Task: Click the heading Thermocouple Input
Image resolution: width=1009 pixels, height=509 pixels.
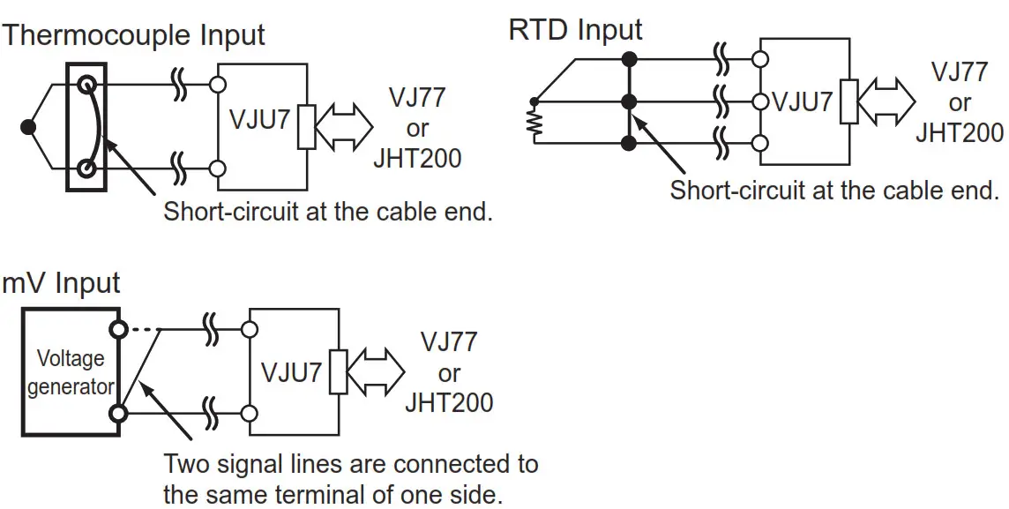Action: (134, 36)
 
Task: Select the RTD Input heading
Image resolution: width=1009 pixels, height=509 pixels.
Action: (575, 29)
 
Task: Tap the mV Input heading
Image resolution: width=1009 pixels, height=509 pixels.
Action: (61, 283)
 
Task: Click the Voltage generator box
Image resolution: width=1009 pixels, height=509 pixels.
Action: (70, 371)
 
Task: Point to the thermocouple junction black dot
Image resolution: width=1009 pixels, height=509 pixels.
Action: (27, 127)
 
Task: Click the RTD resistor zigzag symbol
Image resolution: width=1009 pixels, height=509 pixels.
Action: (534, 124)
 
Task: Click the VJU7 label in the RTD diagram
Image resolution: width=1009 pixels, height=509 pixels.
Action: (802, 101)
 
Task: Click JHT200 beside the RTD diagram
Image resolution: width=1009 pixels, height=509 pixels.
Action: (960, 133)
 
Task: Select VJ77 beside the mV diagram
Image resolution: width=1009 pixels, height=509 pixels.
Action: (449, 342)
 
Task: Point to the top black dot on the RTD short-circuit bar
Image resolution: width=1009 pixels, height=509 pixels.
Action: (630, 59)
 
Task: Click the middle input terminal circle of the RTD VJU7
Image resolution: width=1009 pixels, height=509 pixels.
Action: (759, 101)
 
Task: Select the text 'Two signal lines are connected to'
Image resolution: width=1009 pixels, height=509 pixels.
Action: (351, 464)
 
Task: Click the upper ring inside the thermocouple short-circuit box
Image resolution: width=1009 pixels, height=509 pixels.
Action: (86, 86)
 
